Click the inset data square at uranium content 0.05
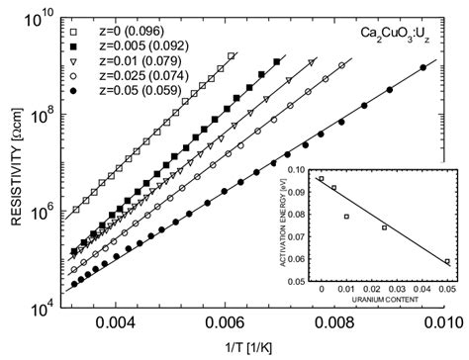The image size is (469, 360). point(448,262)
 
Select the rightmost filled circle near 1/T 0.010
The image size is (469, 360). point(423,68)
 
